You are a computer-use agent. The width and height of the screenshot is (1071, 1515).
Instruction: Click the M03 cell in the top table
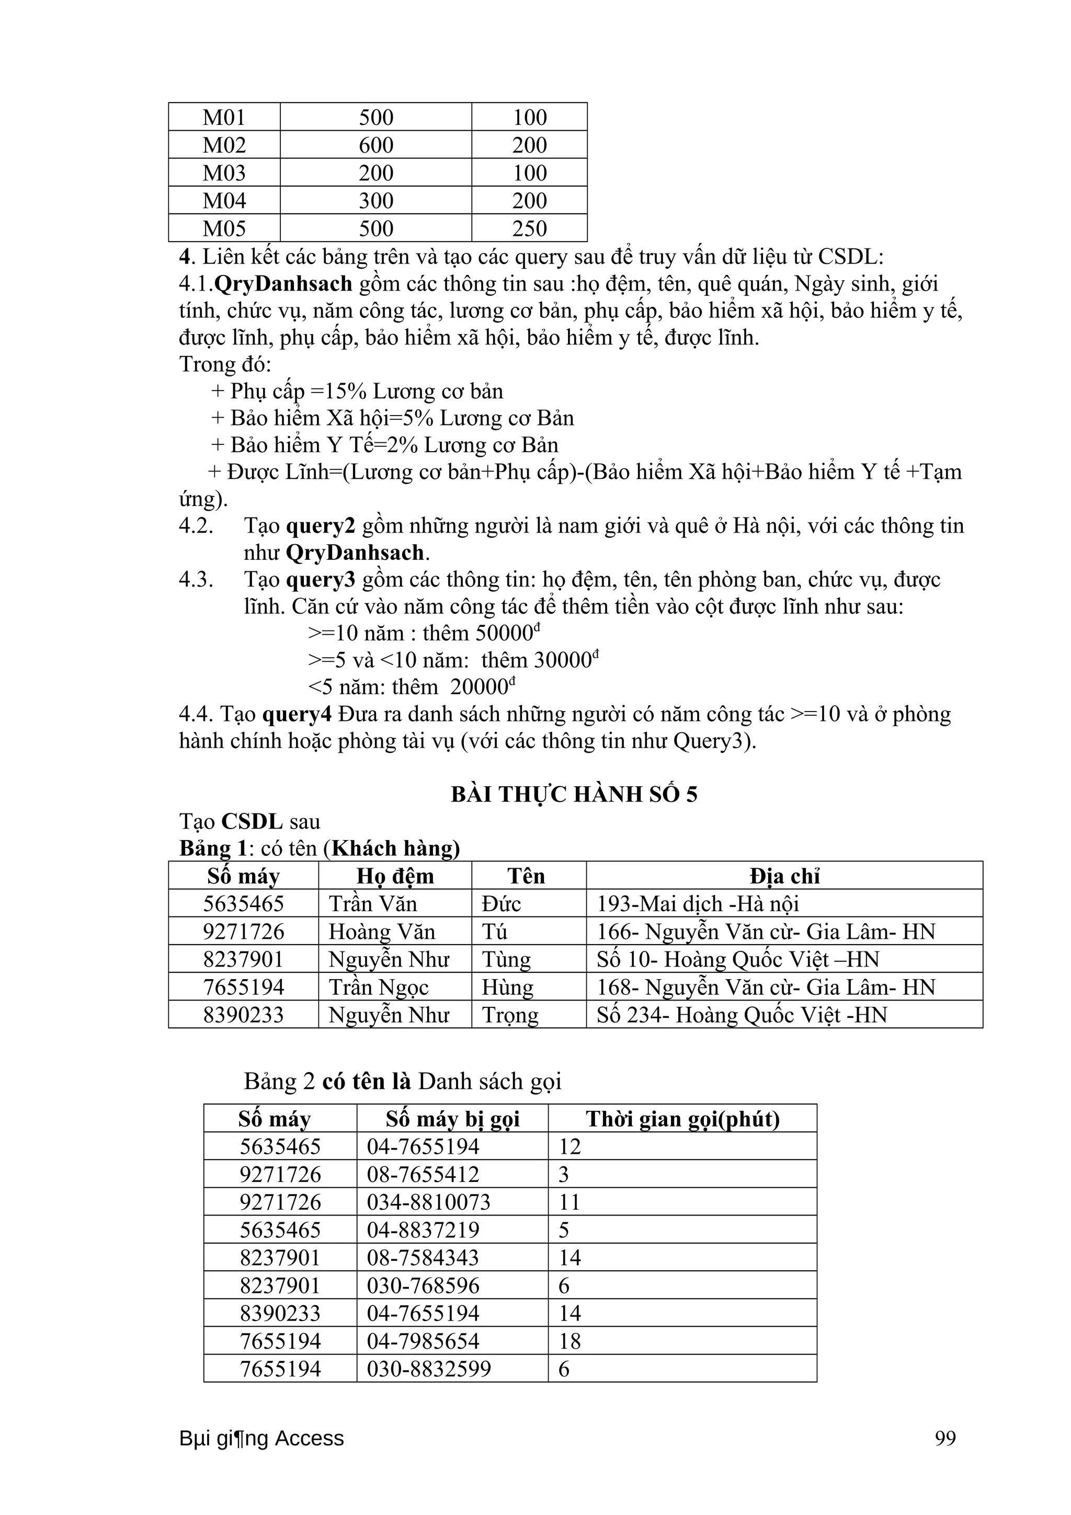click(224, 173)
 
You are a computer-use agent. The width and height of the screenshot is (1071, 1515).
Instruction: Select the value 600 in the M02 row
click(375, 145)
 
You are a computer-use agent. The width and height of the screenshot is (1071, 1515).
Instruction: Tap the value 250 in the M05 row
click(529, 228)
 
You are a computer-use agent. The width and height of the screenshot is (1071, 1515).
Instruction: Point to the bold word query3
click(320, 579)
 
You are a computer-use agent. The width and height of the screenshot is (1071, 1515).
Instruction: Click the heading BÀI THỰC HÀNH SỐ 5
click(574, 794)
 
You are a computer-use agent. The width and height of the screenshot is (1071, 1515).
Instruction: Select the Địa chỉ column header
click(784, 876)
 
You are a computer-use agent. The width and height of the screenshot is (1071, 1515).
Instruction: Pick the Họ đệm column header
click(395, 876)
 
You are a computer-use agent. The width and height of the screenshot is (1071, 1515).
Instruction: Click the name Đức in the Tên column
click(501, 903)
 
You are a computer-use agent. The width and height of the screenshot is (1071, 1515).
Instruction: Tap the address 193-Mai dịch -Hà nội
click(698, 903)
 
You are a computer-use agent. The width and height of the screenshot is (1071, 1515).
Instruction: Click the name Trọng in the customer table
click(509, 1014)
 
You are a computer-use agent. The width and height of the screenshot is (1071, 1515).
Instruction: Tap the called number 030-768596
click(423, 1286)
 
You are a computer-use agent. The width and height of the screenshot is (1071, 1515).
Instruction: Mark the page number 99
click(945, 1439)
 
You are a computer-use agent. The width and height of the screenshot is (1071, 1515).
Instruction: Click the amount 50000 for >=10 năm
click(504, 634)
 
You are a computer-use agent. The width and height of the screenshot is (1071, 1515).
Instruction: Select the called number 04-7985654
click(423, 1341)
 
